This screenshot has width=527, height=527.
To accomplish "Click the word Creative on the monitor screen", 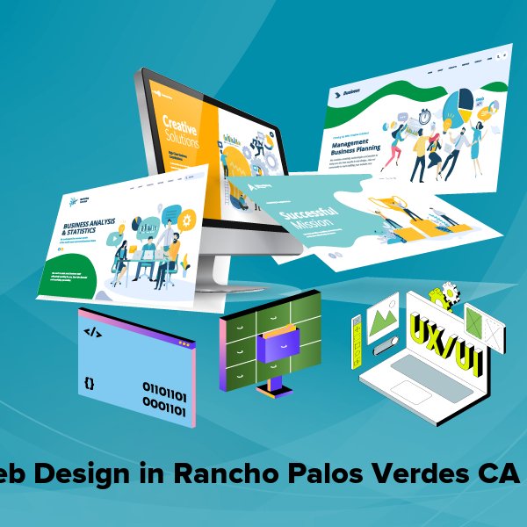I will click(180, 124).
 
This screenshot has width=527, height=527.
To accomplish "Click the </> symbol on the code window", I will click(91, 333).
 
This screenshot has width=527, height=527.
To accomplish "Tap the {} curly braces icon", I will click(90, 383).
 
